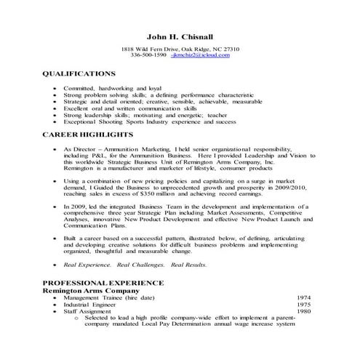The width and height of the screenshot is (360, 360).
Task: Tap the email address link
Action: [200, 55]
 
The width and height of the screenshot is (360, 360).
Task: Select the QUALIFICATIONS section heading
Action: [79, 74]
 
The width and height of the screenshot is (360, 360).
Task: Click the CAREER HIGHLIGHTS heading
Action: [87, 135]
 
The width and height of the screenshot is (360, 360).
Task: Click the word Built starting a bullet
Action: [71, 237]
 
